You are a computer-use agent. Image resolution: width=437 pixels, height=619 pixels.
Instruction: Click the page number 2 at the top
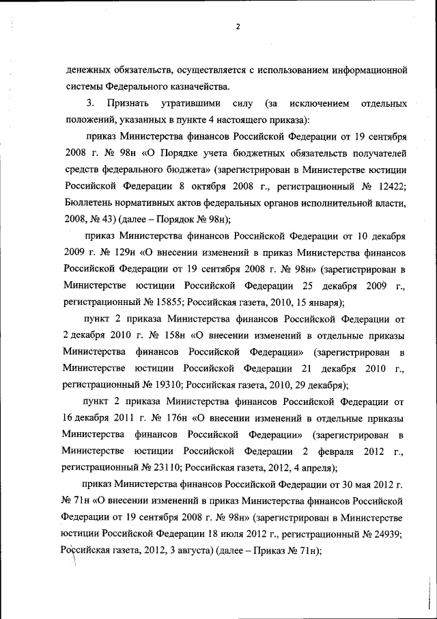tap(237, 26)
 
